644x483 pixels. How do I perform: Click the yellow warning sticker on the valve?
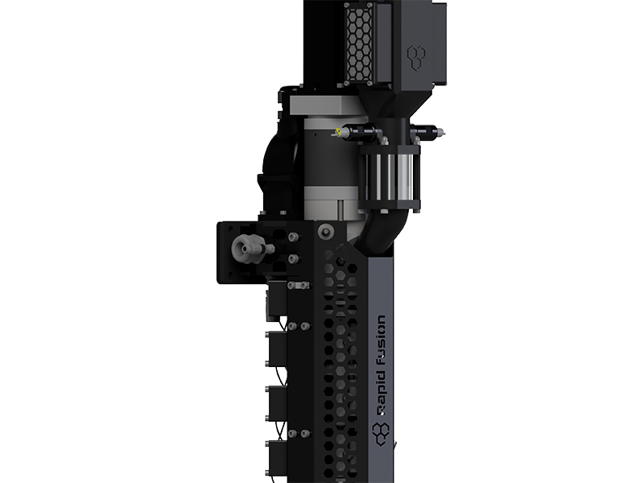point(338,132)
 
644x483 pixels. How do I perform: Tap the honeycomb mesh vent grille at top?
point(360,43)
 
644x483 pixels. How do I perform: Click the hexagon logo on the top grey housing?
point(416,57)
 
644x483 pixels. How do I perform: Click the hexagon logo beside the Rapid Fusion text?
point(381,433)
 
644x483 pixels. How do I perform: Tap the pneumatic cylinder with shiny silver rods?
point(390,176)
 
